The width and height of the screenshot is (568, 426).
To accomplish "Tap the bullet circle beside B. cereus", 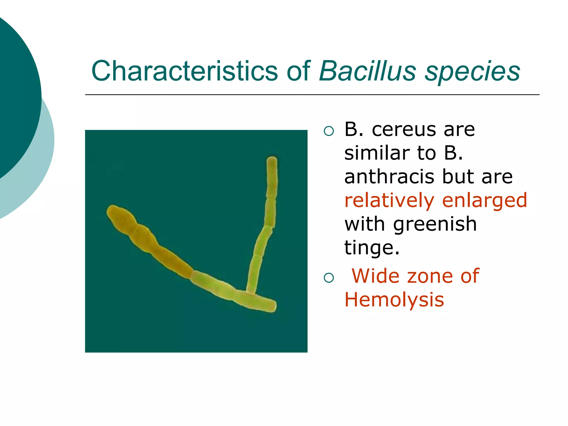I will pyautogui.click(x=329, y=131).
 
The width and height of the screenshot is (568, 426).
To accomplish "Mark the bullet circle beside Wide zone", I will pyautogui.click(x=329, y=278).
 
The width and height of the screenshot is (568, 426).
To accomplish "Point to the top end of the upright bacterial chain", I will pyautogui.click(x=272, y=161).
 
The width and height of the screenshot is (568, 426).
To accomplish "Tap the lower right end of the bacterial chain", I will pyautogui.click(x=272, y=306).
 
